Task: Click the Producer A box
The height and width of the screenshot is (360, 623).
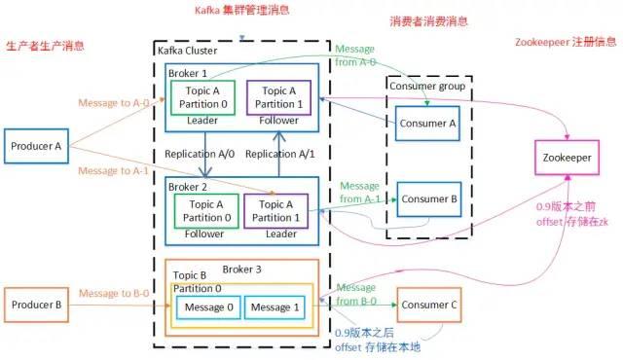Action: click(x=37, y=147)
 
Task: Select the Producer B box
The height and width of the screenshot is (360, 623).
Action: click(x=37, y=305)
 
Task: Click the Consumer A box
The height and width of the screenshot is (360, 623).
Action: click(x=424, y=123)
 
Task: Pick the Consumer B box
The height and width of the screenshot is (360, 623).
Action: click(x=424, y=199)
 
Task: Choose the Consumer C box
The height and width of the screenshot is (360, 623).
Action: click(x=427, y=305)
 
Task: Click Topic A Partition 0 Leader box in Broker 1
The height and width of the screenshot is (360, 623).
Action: click(x=202, y=96)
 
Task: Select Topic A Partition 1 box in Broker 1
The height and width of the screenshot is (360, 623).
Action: click(x=278, y=96)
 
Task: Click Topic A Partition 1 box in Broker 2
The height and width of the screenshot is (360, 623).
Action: click(x=276, y=210)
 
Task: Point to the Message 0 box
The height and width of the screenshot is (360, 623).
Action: click(x=206, y=307)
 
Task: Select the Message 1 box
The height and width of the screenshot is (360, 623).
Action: click(x=273, y=307)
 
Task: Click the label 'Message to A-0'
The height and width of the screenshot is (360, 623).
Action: click(x=111, y=101)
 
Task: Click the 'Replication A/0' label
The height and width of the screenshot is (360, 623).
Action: click(x=199, y=154)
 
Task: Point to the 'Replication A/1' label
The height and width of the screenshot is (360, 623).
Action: click(x=279, y=154)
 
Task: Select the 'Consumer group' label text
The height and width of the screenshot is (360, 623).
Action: click(x=427, y=86)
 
